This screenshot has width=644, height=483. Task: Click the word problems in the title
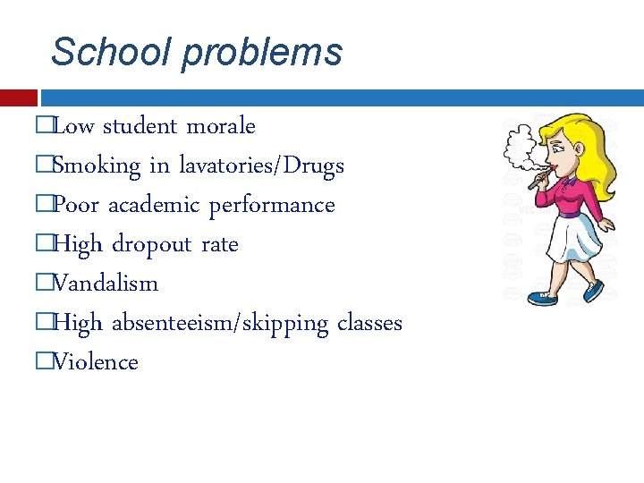(x=262, y=54)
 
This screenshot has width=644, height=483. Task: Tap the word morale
(x=220, y=127)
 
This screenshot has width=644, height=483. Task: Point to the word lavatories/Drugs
(x=261, y=166)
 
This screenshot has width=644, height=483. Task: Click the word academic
(x=154, y=206)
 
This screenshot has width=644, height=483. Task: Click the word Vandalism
(x=105, y=284)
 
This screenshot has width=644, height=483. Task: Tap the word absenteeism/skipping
(x=220, y=324)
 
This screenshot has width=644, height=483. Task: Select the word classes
(x=369, y=323)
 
